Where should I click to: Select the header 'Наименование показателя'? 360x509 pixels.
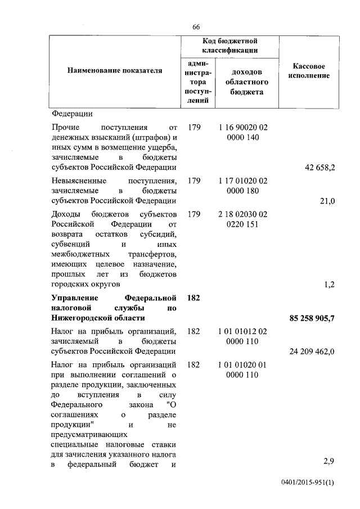pyautogui.click(x=115, y=71)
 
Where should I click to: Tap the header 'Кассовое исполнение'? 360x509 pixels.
pyautogui.click(x=309, y=71)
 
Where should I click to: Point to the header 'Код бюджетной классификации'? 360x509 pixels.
pyautogui.click(x=229, y=46)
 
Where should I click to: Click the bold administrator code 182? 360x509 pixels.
pyautogui.click(x=193, y=298)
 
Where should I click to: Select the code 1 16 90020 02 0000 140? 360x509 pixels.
pyautogui.click(x=244, y=133)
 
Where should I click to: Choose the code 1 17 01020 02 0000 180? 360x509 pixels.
pyautogui.click(x=244, y=186)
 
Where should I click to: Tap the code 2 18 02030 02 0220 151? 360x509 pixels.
pyautogui.click(x=244, y=220)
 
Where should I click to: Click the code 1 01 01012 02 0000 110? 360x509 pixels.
pyautogui.click(x=244, y=336)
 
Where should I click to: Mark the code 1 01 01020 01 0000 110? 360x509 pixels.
pyautogui.click(x=244, y=370)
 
